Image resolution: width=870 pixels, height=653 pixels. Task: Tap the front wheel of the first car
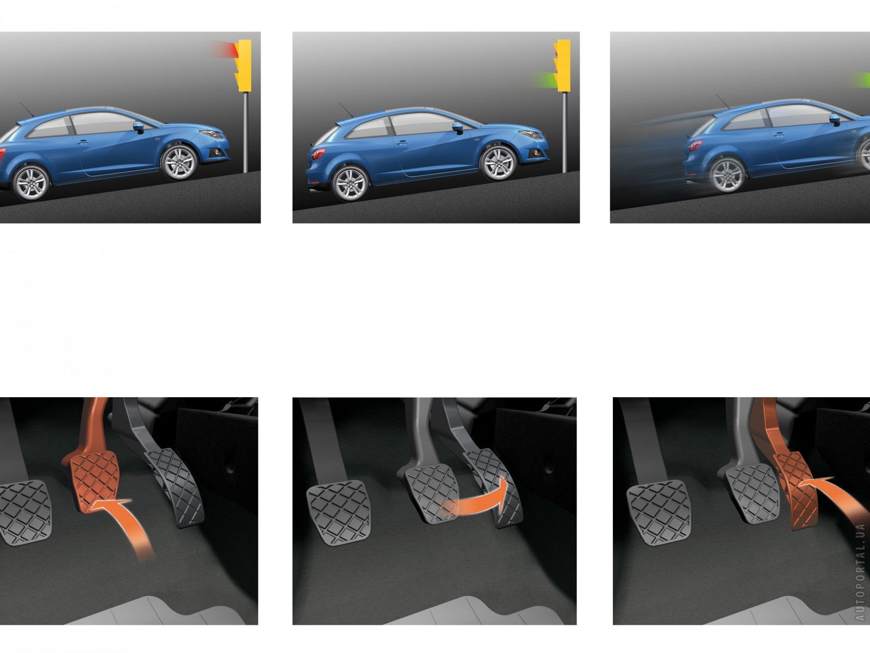179,163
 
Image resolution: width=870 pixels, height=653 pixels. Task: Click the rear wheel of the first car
31,183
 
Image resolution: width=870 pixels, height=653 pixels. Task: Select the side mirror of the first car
139,127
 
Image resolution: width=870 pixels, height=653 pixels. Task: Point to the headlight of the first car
212,134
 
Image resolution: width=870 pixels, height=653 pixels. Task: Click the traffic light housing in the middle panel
562,65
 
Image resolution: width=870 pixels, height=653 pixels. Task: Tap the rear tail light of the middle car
318,153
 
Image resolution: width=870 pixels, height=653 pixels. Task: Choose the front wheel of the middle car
498,163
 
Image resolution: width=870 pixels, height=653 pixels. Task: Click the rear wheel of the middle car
350,183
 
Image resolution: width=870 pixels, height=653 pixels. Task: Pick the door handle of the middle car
401,143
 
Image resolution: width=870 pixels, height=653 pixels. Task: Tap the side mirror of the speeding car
835,119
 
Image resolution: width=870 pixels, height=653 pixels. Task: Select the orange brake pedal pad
94,481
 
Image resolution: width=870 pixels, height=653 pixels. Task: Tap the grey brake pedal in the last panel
749,494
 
